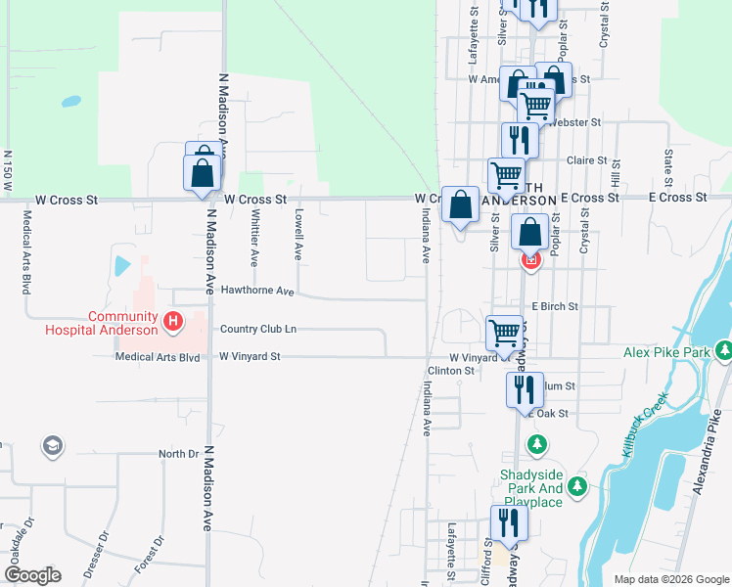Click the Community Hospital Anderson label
[x=102, y=323]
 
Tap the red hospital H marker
[x=173, y=320]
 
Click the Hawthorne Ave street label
[x=257, y=292]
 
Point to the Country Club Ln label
[x=257, y=329]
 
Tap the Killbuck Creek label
[x=644, y=427]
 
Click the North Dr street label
[x=179, y=454]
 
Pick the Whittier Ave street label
[x=254, y=238]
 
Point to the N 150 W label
[x=8, y=170]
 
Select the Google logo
[x=32, y=575]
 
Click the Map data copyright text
[x=670, y=579]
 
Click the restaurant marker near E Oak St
[x=520, y=389]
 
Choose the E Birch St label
[x=555, y=306]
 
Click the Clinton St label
[x=451, y=371]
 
